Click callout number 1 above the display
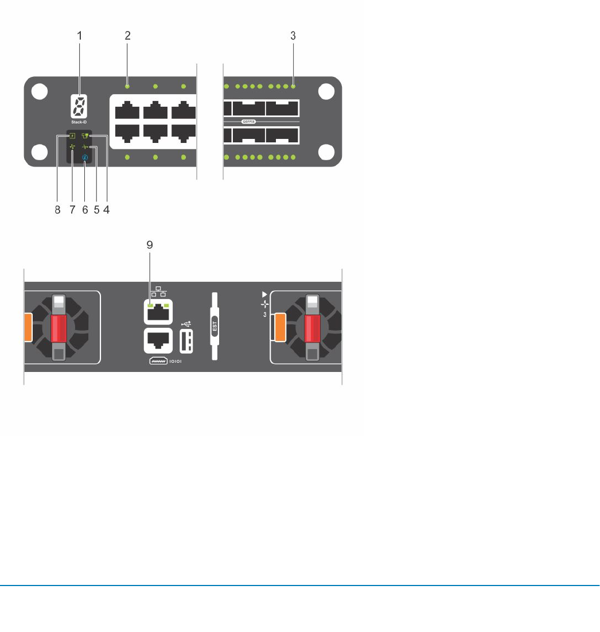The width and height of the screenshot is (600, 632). pos(80,36)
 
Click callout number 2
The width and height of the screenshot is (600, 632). pos(128,36)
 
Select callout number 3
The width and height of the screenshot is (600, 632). pos(293,36)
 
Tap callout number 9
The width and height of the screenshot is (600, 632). pos(150,244)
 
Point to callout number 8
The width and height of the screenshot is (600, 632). pos(57,210)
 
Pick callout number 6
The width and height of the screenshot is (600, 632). pos(85,210)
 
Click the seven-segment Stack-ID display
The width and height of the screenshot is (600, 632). pos(79,106)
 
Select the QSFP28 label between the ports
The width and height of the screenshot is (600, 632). pos(248,122)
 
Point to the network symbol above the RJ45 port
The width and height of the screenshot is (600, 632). pos(158,292)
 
